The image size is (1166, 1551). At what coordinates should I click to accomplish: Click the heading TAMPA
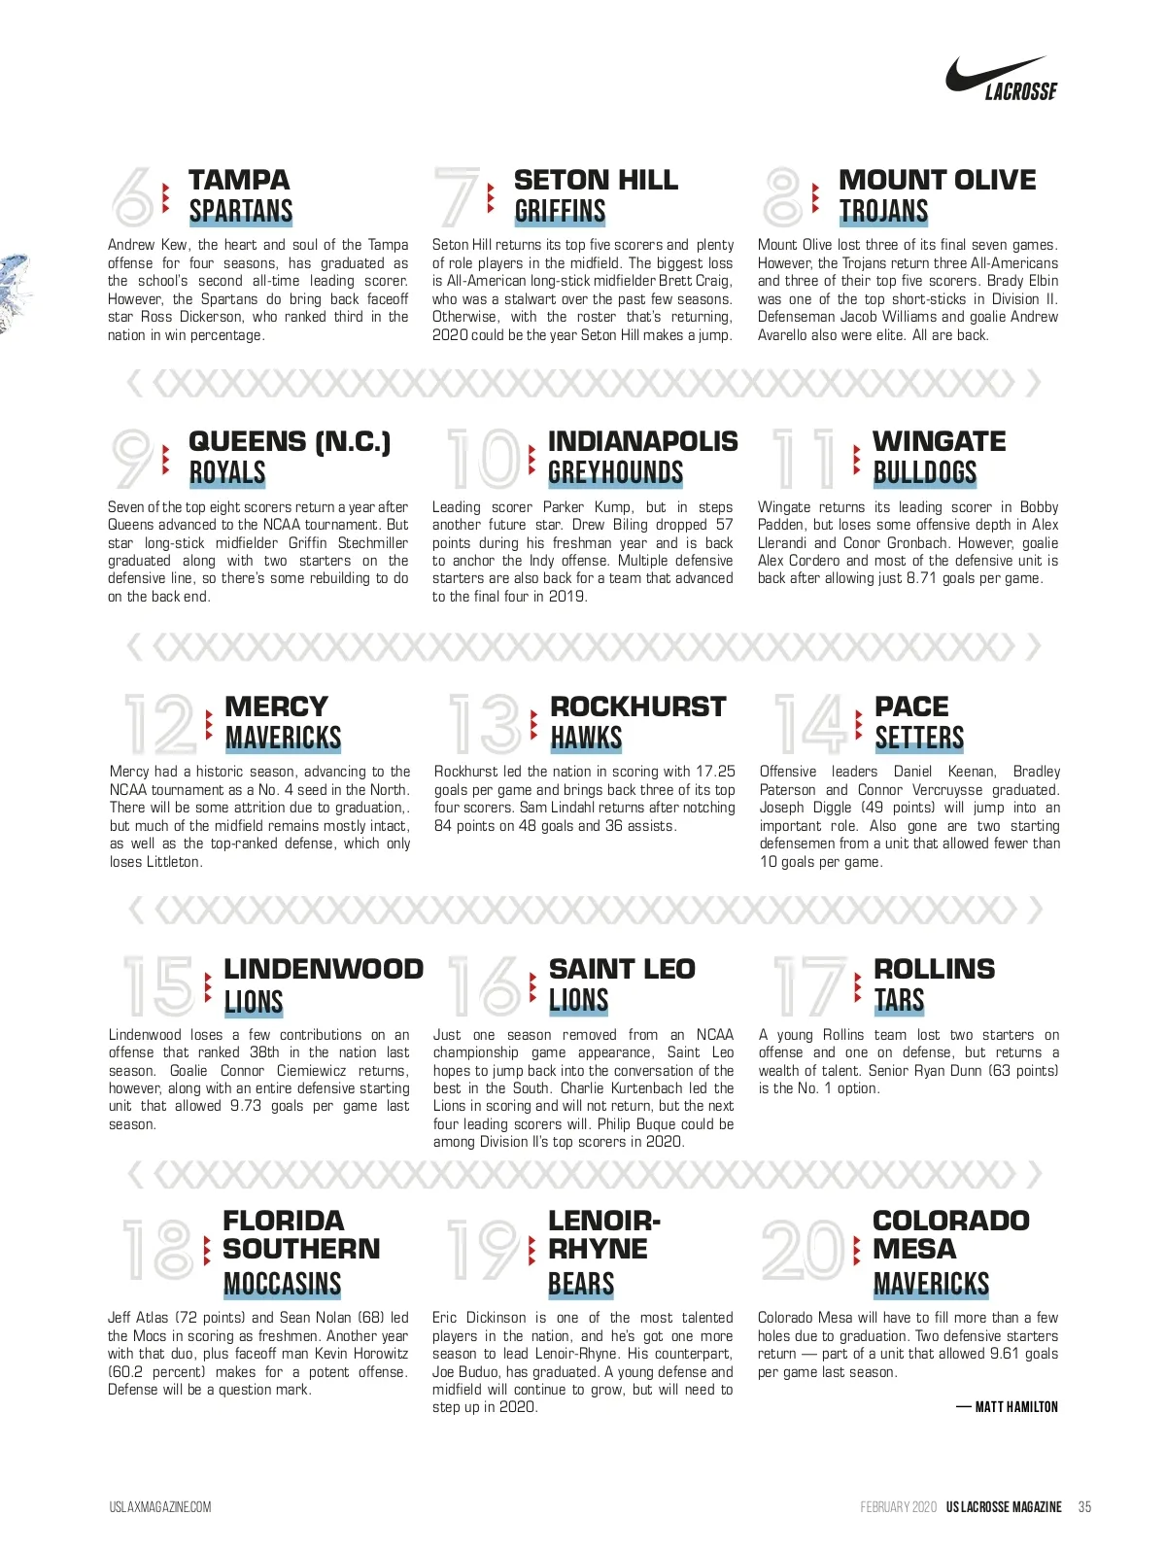pos(239,180)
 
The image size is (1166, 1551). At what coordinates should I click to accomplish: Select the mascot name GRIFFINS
pos(560,212)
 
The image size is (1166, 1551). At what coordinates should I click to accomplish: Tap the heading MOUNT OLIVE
pos(937,180)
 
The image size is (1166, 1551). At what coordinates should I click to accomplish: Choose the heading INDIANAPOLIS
pos(642,441)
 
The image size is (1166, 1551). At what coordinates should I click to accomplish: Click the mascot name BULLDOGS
pos(924,473)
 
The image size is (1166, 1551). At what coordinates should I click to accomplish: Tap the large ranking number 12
pos(159,724)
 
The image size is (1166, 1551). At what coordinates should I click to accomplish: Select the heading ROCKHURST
pos(637,707)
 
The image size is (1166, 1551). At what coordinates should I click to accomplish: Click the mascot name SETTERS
pos(919,739)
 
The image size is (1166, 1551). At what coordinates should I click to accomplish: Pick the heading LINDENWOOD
pos(324,969)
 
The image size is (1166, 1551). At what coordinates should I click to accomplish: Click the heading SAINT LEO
pos(622,969)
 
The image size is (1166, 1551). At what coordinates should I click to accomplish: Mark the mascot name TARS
pos(899,1001)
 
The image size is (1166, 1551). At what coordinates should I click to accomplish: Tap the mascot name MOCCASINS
pos(282,1285)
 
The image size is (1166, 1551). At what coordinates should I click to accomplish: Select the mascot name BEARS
pos(581,1285)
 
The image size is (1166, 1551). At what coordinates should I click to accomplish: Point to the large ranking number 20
pos(804,1250)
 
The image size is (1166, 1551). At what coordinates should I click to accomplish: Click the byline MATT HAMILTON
pos(1015,1407)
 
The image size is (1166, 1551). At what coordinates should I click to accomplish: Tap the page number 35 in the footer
pos(1084,1507)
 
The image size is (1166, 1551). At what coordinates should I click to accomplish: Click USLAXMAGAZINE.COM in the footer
pos(160,1507)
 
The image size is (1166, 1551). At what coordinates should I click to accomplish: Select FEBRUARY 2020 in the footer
pos(898,1507)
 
